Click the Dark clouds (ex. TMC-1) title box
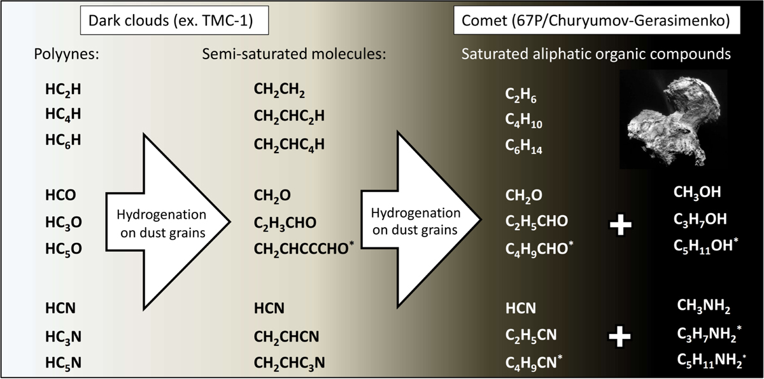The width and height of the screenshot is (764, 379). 174,20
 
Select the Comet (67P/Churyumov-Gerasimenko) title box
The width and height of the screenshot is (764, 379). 597,20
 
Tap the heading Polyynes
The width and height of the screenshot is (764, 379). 66,54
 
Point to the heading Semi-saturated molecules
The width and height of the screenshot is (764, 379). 294,54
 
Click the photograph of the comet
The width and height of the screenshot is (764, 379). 674,119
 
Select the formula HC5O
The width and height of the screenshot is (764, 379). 64,249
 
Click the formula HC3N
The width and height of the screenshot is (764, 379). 64,337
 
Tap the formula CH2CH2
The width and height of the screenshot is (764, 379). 279,90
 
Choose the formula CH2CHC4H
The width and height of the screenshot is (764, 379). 289,145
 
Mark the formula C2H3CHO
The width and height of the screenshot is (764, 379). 285,223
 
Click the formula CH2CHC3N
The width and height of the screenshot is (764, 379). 289,363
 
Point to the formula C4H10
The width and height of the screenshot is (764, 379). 523,121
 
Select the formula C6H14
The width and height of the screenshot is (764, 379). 523,147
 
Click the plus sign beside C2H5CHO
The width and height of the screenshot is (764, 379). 620,224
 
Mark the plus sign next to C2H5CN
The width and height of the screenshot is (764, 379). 620,336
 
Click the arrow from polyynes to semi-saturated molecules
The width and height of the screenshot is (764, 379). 168,222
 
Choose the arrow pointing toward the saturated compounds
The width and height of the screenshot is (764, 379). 421,219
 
